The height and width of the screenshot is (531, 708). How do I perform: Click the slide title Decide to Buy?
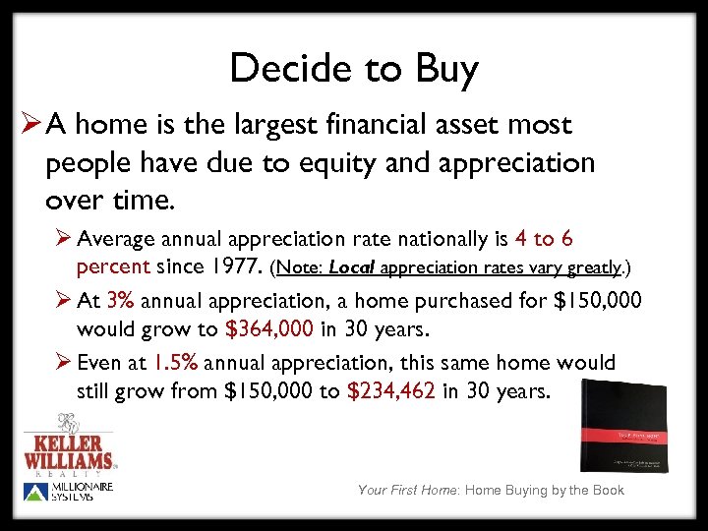point(354,70)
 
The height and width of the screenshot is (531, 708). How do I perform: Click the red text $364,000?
point(269,326)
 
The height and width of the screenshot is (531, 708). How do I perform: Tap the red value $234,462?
point(391,390)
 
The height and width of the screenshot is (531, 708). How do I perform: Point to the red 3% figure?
point(121,301)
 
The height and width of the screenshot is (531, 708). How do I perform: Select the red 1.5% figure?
point(178,364)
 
